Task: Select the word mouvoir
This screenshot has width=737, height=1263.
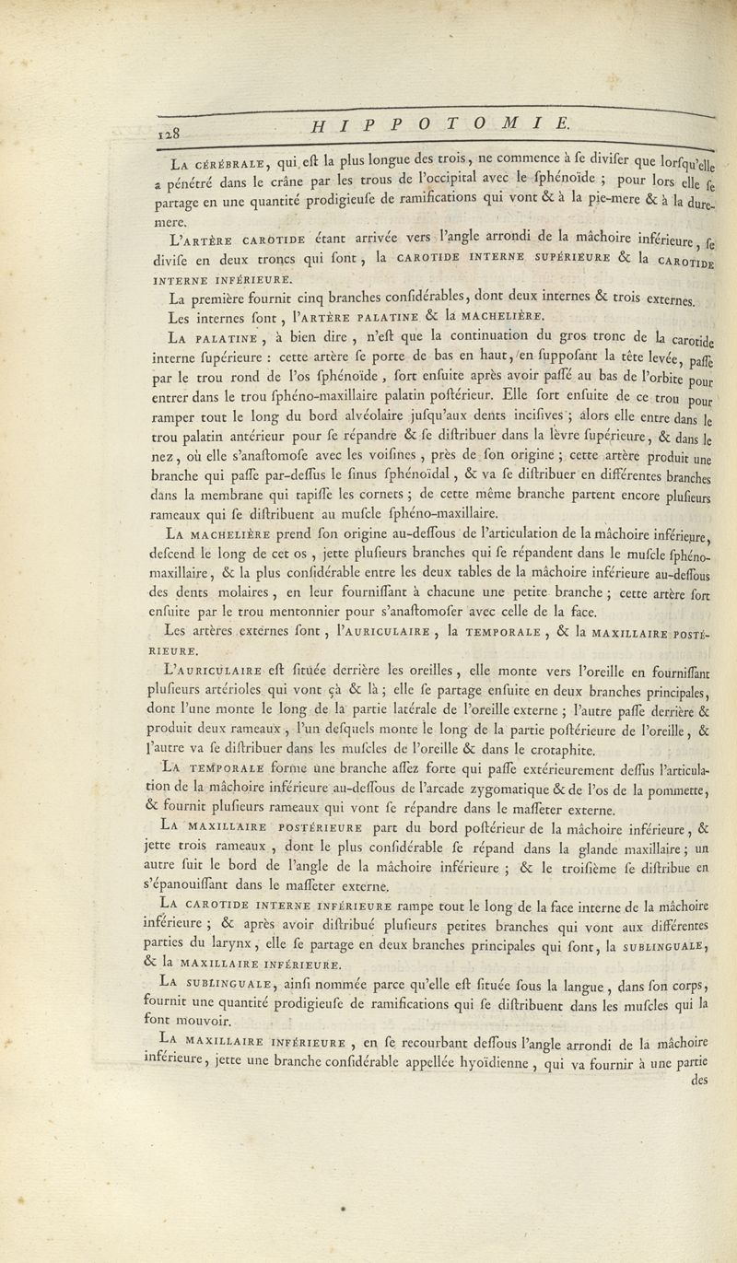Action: (x=213, y=1021)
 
